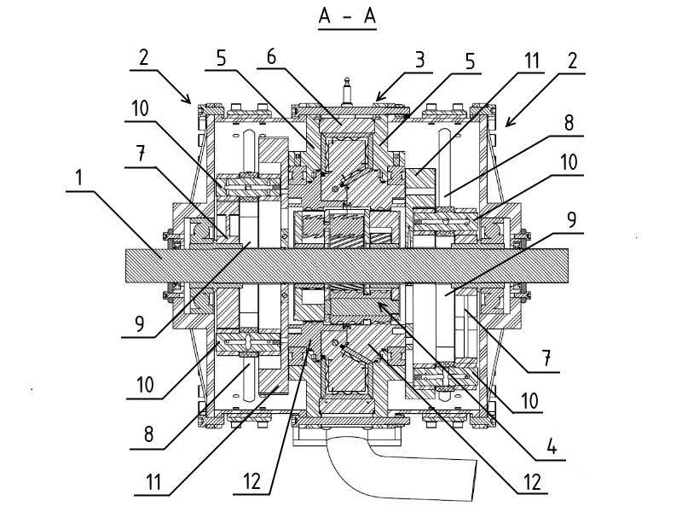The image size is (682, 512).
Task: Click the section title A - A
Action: [x=347, y=16]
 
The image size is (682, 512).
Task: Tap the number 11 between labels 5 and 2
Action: [x=532, y=60]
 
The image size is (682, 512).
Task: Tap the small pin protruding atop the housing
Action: [x=347, y=89]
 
